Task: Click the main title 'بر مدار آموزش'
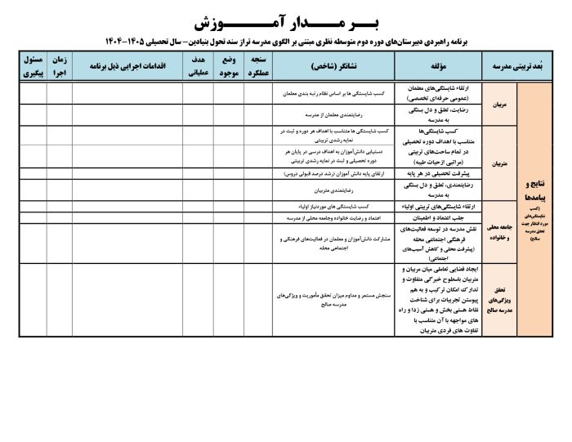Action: [x=285, y=18]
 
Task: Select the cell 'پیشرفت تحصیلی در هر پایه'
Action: [x=436, y=174]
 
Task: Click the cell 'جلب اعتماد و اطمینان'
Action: [x=436, y=218]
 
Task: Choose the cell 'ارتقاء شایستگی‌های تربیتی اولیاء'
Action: [x=436, y=207]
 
